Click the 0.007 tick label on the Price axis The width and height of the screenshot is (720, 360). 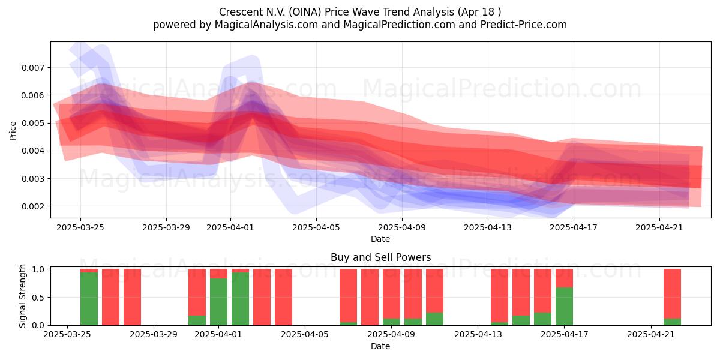(x=32, y=68)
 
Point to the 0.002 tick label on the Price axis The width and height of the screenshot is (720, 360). (x=32, y=206)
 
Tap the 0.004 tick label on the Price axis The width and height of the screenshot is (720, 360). (x=32, y=151)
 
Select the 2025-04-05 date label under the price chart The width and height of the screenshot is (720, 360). (x=316, y=227)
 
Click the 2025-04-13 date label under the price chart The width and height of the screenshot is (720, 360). (x=488, y=227)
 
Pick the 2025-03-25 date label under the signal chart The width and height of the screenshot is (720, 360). (x=67, y=334)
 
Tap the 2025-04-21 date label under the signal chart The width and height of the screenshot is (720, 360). (x=651, y=334)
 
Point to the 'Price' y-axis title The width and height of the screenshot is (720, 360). (x=13, y=131)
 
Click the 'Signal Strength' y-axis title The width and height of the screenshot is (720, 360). (x=22, y=296)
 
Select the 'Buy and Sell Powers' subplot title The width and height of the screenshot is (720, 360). (x=380, y=257)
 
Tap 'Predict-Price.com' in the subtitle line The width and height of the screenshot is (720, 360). (x=524, y=25)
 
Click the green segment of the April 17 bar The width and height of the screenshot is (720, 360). (x=564, y=307)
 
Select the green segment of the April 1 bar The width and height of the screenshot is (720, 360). (x=218, y=302)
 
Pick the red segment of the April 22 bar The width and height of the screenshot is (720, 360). (x=672, y=294)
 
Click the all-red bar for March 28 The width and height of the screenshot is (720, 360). (x=132, y=297)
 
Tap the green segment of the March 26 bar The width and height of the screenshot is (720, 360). (x=89, y=299)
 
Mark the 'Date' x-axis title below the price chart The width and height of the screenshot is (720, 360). (x=380, y=239)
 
